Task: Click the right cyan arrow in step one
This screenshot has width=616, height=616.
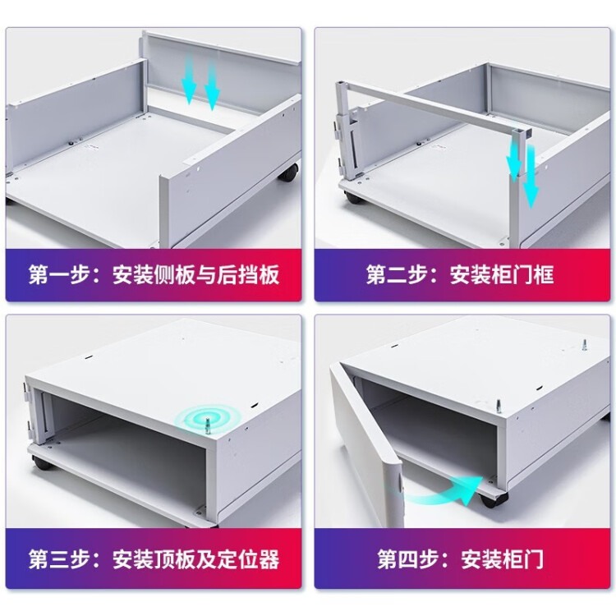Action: pos(212,89)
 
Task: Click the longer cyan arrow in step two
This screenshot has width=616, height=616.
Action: pos(531,177)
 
